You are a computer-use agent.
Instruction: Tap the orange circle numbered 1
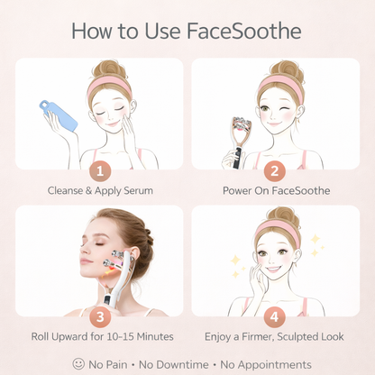pyautogui.click(x=99, y=169)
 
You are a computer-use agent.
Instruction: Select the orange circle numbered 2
pyautogui.click(x=275, y=169)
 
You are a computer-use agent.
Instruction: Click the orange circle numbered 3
pyautogui.click(x=99, y=316)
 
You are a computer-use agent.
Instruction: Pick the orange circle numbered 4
pyautogui.click(x=275, y=316)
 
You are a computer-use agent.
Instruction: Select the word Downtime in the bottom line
pyautogui.click(x=190, y=363)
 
